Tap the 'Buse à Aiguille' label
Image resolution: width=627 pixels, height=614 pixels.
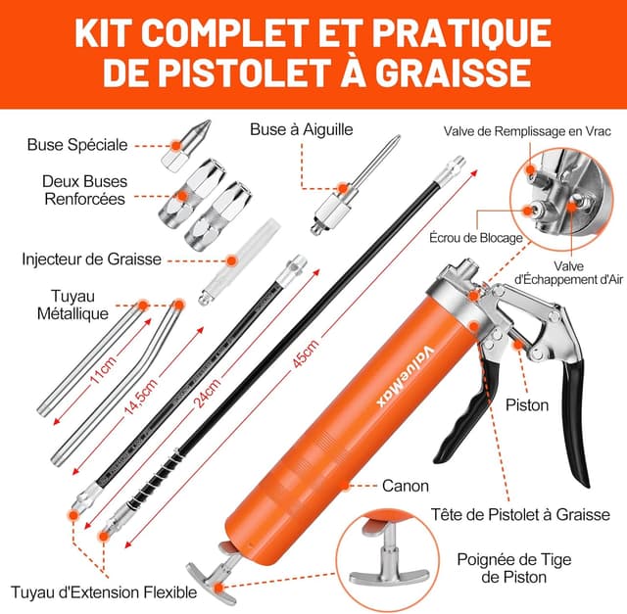click(x=302, y=128)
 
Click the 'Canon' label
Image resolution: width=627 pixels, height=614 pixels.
click(x=403, y=485)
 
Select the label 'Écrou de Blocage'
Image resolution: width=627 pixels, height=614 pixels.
click(x=476, y=238)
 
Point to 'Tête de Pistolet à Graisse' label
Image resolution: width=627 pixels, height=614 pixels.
click(x=520, y=514)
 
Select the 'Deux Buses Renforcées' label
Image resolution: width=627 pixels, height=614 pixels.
click(x=83, y=190)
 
